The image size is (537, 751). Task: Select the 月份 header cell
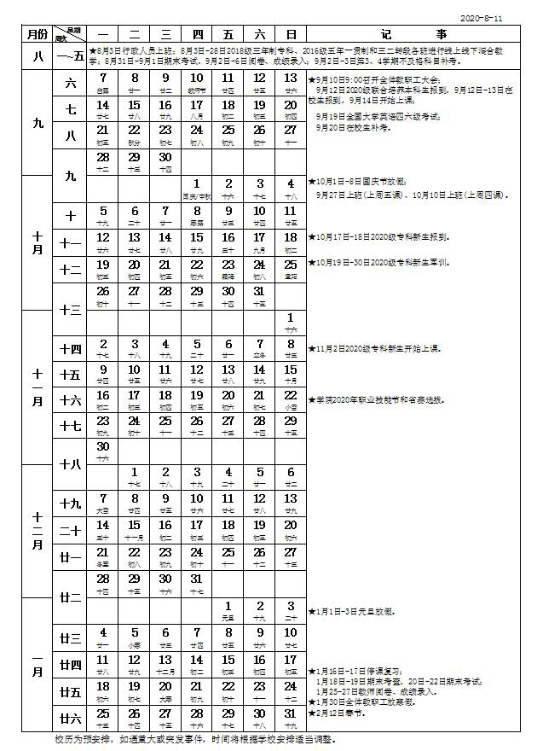click(36, 34)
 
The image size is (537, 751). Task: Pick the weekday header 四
click(197, 34)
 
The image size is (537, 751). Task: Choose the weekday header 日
click(291, 34)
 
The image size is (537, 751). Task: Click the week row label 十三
click(71, 310)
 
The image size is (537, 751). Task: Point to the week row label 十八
click(71, 463)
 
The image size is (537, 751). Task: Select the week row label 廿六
click(71, 716)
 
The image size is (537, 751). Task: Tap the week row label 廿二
click(71, 597)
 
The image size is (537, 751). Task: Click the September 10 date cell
click(197, 83)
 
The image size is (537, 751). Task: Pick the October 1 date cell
click(197, 188)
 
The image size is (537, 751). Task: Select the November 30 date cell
click(103, 451)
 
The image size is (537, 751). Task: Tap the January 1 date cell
click(228, 610)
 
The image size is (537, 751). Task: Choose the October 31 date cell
click(259, 294)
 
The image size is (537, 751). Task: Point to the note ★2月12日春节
click(340, 711)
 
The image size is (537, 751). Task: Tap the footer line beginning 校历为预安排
click(196, 739)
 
